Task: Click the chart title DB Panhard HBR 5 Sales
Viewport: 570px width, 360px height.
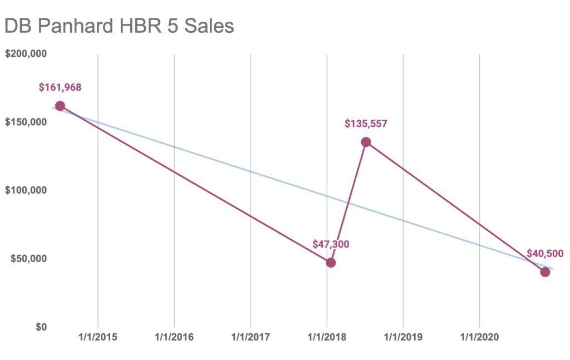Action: coord(119,27)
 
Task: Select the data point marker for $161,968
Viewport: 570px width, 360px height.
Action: coord(60,106)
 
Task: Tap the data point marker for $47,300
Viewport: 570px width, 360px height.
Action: coord(331,263)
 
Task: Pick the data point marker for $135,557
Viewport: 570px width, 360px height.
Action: coord(366,142)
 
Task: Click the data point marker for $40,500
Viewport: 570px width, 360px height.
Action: coord(545,272)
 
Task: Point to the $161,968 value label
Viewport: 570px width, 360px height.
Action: coord(60,87)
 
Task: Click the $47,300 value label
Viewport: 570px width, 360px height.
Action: coord(331,244)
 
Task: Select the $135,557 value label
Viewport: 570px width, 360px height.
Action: coord(366,124)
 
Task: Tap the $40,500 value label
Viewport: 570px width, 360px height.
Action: coord(545,254)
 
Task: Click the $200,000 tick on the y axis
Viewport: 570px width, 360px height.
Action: coord(26,54)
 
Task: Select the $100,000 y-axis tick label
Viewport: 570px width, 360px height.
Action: coord(26,190)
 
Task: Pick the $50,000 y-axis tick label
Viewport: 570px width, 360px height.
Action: coord(28,258)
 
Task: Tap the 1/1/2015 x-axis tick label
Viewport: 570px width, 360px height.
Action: coord(98,337)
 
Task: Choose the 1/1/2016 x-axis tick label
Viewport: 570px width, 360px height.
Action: coord(174,337)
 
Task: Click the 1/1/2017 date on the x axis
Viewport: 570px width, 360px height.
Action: coord(250,337)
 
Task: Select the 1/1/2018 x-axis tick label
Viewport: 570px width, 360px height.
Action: coord(327,337)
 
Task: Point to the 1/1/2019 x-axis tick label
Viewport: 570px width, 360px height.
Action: coord(403,337)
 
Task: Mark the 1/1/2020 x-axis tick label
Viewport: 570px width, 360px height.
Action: coord(479,337)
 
